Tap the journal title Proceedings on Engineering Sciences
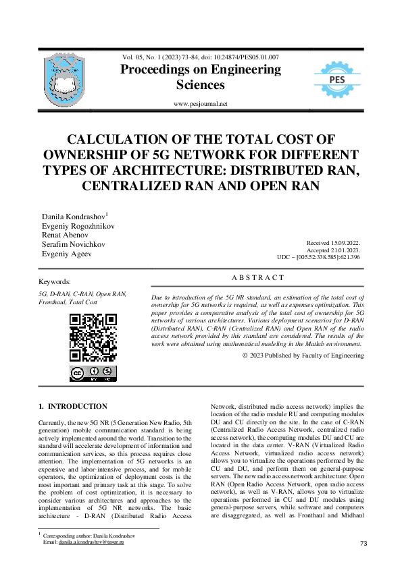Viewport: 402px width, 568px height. [x=200, y=78]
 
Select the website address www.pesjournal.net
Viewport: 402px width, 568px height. [x=201, y=104]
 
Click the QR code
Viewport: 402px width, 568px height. [x=93, y=337]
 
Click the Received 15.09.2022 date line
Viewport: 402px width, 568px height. [x=332, y=242]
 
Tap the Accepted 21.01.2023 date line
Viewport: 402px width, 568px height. [x=332, y=249]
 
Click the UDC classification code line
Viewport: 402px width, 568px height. [x=318, y=257]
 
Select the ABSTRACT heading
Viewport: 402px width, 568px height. [x=257, y=278]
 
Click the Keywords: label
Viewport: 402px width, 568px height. [x=55, y=281]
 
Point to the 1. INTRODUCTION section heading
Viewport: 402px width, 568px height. [x=73, y=407]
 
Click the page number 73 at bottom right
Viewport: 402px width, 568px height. [x=363, y=543]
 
